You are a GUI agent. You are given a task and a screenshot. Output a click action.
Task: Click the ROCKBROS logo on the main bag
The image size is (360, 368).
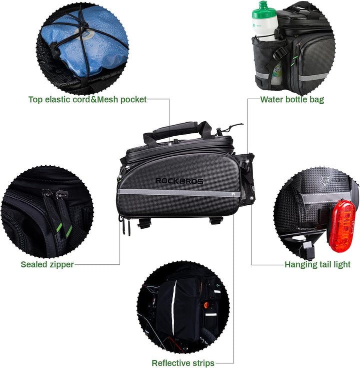[x=179, y=181]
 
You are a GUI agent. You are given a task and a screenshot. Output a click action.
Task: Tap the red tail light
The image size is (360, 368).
[x=342, y=226]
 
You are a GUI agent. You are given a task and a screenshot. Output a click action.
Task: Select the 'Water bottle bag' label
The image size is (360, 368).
[x=292, y=100]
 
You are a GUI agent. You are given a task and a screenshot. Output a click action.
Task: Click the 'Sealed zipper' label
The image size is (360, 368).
[x=47, y=264]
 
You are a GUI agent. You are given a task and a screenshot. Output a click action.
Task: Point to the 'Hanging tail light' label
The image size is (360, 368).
[x=317, y=264]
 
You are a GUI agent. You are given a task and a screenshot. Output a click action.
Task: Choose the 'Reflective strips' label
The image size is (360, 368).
[x=183, y=363]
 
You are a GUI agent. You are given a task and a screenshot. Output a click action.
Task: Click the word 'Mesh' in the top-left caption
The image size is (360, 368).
[x=107, y=100]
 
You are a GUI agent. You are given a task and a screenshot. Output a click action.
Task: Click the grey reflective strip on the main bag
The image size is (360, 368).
[x=179, y=193]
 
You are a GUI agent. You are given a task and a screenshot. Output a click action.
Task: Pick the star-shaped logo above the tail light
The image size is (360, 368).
[x=324, y=181]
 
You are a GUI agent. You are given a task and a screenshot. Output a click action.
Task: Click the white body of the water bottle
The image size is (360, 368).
[x=265, y=27]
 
